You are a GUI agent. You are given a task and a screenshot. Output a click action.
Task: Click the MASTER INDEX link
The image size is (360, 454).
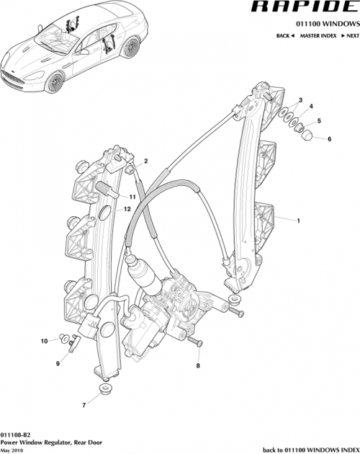pos(319,35)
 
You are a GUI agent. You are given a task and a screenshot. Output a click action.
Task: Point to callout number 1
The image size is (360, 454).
pos(298,221)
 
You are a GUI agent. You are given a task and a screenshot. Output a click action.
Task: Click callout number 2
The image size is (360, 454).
pos(145,161)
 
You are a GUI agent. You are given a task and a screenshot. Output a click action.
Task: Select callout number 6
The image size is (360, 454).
pos(330,138)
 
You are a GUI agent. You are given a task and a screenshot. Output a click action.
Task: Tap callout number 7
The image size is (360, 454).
pos(84,406)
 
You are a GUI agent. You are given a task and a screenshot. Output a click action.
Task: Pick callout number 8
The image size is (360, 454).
pos(198,366)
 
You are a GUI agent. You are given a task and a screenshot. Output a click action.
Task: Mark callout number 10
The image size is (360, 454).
pos(43,340)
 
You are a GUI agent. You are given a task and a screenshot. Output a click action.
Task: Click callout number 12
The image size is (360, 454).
pos(127,209)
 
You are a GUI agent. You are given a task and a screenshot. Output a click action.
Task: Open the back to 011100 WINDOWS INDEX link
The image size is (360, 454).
pos(310,450)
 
